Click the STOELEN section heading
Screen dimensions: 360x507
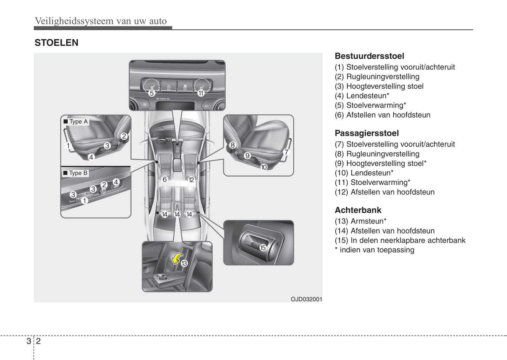click(56, 43)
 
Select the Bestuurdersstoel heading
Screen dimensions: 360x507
click(369, 56)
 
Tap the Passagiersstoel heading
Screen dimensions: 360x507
click(367, 133)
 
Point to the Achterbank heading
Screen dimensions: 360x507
click(358, 210)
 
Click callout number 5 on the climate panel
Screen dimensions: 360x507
click(152, 93)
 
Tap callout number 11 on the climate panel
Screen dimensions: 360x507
click(201, 93)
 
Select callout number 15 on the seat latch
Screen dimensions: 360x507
click(263, 248)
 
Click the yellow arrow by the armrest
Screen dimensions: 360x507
click(177, 259)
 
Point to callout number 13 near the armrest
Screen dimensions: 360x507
click(184, 263)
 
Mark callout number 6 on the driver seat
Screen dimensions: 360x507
click(165, 180)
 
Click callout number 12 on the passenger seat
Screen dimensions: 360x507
click(191, 180)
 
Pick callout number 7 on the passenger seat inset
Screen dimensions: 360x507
click(286, 152)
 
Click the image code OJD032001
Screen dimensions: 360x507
click(306, 299)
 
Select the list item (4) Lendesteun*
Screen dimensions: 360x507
click(362, 96)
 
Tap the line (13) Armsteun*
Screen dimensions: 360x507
click(360, 221)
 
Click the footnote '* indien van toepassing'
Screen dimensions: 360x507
click(374, 250)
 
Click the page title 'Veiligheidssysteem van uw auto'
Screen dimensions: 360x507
click(101, 21)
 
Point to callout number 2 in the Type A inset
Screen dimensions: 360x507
click(124, 136)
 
